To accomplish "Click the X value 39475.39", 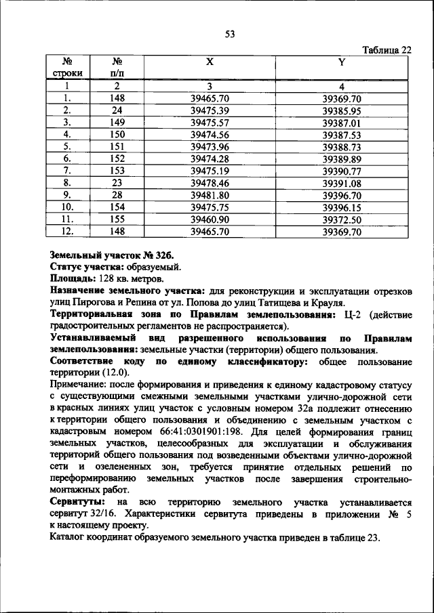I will pyautogui.click(x=210, y=110).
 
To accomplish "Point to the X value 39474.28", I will pyautogui.click(x=210, y=159).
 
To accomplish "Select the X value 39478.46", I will pyautogui.click(x=210, y=184).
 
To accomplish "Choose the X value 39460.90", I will pyautogui.click(x=210, y=220).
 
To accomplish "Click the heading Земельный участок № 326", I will pyautogui.click(x=112, y=255).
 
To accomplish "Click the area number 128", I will pyautogui.click(x=105, y=278).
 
